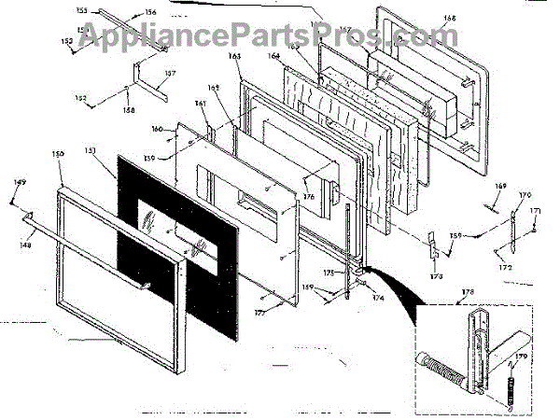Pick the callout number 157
tap(170, 74)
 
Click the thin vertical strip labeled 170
tap(512, 225)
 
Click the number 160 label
tap(156, 129)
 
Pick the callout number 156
tap(150, 12)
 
